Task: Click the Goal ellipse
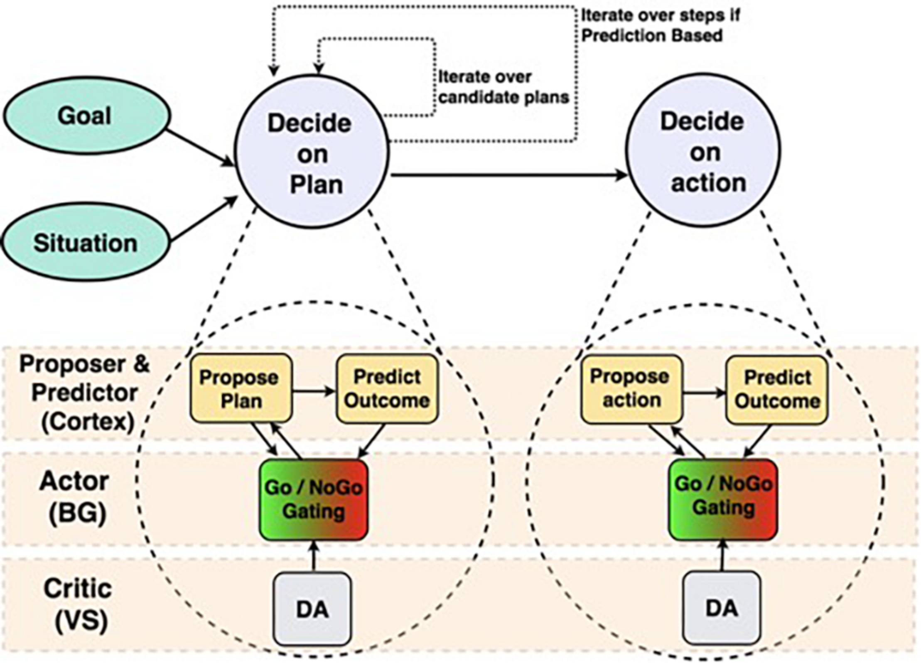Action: point(86,115)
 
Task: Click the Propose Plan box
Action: point(241,388)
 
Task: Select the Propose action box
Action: point(631,388)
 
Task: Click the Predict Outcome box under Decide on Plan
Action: point(387,388)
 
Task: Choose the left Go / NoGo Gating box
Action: point(314,499)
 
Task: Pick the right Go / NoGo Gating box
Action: point(723,498)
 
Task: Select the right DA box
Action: point(722,608)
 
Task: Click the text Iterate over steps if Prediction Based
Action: point(660,26)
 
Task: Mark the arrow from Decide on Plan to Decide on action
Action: point(507,175)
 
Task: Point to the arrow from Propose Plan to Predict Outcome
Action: point(314,390)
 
